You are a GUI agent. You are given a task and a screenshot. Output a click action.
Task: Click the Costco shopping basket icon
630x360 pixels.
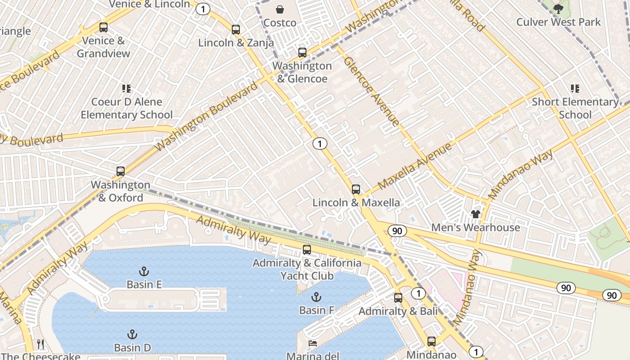280,9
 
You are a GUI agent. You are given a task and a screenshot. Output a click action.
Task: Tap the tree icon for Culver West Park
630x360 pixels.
558,9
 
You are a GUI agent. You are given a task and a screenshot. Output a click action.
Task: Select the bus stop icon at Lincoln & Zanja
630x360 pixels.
236,30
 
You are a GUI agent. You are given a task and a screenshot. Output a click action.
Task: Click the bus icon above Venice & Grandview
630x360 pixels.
103,27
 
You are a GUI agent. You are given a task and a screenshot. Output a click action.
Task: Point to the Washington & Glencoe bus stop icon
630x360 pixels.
302,53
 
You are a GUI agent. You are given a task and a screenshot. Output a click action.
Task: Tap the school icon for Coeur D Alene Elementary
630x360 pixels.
126,89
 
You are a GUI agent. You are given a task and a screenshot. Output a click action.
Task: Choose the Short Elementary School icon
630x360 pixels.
575,89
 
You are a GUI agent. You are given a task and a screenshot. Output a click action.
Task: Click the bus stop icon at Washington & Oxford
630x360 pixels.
121,171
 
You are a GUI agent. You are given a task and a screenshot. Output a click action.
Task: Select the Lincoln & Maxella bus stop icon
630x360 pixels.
356,189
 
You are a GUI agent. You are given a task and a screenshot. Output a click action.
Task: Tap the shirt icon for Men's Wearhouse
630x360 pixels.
476,214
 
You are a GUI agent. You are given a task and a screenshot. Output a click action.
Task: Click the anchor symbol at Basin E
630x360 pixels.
144,271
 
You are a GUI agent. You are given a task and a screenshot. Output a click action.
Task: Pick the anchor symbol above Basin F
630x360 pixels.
316,297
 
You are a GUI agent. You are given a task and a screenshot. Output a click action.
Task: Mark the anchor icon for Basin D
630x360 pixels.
132,334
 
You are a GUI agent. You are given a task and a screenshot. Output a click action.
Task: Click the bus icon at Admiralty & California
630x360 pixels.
307,250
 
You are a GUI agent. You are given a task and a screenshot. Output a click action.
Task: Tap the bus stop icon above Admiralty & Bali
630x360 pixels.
398,297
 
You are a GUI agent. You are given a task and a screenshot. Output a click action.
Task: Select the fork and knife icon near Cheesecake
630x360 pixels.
41,344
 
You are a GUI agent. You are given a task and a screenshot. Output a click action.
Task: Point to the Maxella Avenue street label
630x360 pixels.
414,167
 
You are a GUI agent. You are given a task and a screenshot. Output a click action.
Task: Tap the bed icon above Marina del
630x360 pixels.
313,343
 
